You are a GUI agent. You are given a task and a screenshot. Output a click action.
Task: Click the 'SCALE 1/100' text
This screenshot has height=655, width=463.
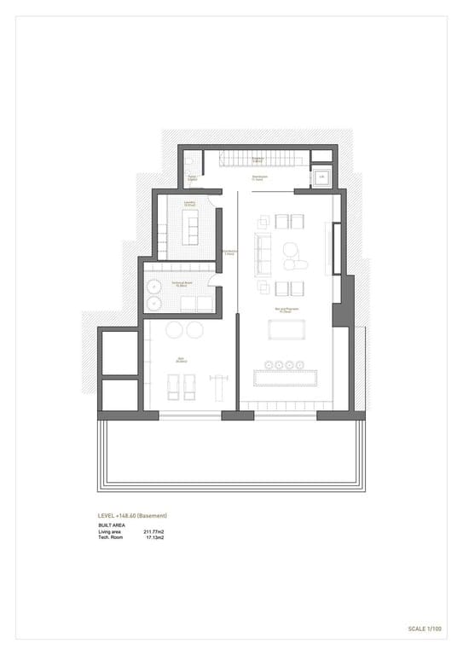click(425, 629)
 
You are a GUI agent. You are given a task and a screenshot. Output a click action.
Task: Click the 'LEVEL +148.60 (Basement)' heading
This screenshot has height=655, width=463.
click(132, 516)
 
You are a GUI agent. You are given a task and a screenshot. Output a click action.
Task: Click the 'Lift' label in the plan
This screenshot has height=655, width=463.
click(322, 177)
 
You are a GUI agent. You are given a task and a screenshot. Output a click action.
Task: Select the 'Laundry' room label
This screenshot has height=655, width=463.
click(189, 203)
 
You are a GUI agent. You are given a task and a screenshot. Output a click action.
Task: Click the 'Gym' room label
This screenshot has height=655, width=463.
click(181, 359)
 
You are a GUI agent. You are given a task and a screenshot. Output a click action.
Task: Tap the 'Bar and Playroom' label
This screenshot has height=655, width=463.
click(285, 310)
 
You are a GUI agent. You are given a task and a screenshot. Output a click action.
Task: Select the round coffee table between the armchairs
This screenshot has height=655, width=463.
click(290, 250)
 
